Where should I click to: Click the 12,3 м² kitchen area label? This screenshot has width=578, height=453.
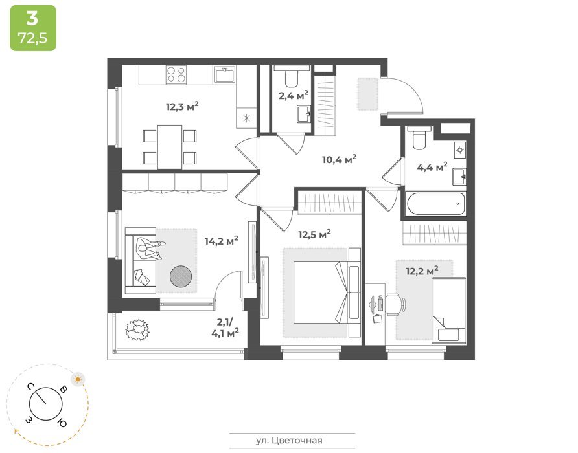(183, 107)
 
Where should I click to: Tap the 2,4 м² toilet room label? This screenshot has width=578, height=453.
(293, 96)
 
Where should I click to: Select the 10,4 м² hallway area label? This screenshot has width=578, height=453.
(339, 159)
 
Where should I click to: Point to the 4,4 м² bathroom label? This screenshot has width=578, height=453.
(432, 167)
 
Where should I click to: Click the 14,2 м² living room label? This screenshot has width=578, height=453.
(221, 241)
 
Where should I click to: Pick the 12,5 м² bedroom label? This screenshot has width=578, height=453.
(314, 234)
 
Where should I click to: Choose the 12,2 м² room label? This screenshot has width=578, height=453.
(422, 271)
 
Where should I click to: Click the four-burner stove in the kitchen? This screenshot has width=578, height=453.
(176, 75)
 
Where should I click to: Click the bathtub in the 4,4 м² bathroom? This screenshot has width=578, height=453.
(435, 203)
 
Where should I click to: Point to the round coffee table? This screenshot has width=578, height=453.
(181, 276)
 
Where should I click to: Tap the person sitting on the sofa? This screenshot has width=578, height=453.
(149, 249)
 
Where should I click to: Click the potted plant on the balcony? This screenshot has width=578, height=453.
(137, 329)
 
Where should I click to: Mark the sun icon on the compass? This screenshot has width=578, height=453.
(78, 379)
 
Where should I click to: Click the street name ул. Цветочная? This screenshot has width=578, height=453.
(289, 441)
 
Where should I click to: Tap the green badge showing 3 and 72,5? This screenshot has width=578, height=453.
(33, 28)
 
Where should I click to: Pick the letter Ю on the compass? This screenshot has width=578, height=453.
(62, 423)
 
